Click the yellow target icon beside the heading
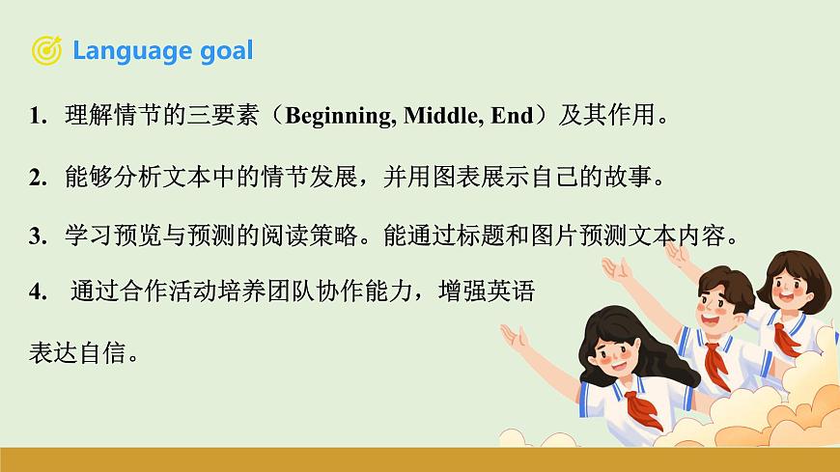[x=47, y=49]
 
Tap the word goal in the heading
[x=224, y=51]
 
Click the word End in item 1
[x=512, y=117]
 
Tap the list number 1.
[x=38, y=118]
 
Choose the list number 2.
[x=38, y=178]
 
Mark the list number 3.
[x=38, y=237]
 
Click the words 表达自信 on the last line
[x=79, y=353]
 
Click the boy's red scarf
[x=715, y=362]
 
